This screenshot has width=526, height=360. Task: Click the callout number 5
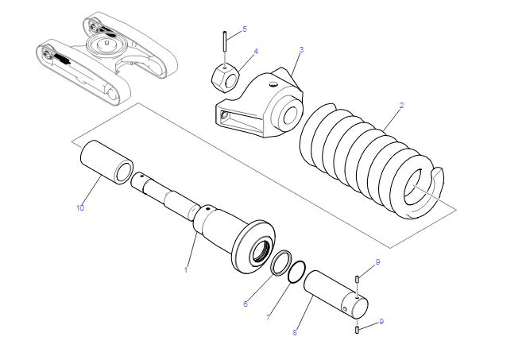coord(245,29)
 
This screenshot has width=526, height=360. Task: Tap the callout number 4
coord(256,52)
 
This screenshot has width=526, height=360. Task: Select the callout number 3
coord(301,50)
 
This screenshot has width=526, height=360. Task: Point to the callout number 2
coord(401,106)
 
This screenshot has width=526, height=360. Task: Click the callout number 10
coord(80,208)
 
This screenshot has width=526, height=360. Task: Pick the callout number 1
coord(186,269)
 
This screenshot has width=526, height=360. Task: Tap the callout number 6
coord(246,304)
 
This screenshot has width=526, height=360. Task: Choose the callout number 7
coord(268,317)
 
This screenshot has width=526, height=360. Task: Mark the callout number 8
coord(295,332)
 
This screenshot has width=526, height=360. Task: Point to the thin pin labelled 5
coord(224,41)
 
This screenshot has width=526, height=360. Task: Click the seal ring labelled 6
coord(281,263)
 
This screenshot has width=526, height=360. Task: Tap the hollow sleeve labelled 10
coord(106,161)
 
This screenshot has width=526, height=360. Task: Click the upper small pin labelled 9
coord(358,279)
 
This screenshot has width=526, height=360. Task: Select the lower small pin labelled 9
coord(357,330)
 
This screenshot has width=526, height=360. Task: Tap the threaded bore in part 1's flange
coord(261,250)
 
